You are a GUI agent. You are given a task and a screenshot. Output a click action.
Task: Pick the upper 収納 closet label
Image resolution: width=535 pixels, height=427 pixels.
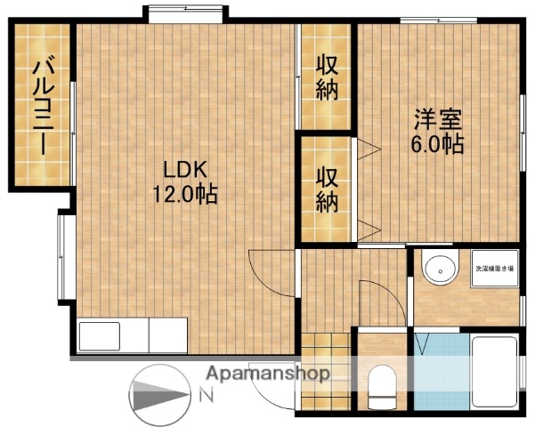pyautogui.click(x=328, y=77)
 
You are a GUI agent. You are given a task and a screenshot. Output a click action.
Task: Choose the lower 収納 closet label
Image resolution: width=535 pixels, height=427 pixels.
pyautogui.click(x=328, y=188)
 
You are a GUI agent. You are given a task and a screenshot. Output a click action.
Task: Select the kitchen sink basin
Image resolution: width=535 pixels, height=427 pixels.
pyautogui.click(x=99, y=337)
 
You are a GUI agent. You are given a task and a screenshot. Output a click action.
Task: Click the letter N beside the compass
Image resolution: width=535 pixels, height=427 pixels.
pyautogui.click(x=206, y=393)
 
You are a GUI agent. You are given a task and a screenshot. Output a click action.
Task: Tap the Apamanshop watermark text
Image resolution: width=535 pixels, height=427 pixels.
pyautogui.click(x=267, y=374)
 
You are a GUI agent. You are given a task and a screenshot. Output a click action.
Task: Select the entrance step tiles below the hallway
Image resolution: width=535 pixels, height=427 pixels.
pyautogui.click(x=328, y=343)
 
